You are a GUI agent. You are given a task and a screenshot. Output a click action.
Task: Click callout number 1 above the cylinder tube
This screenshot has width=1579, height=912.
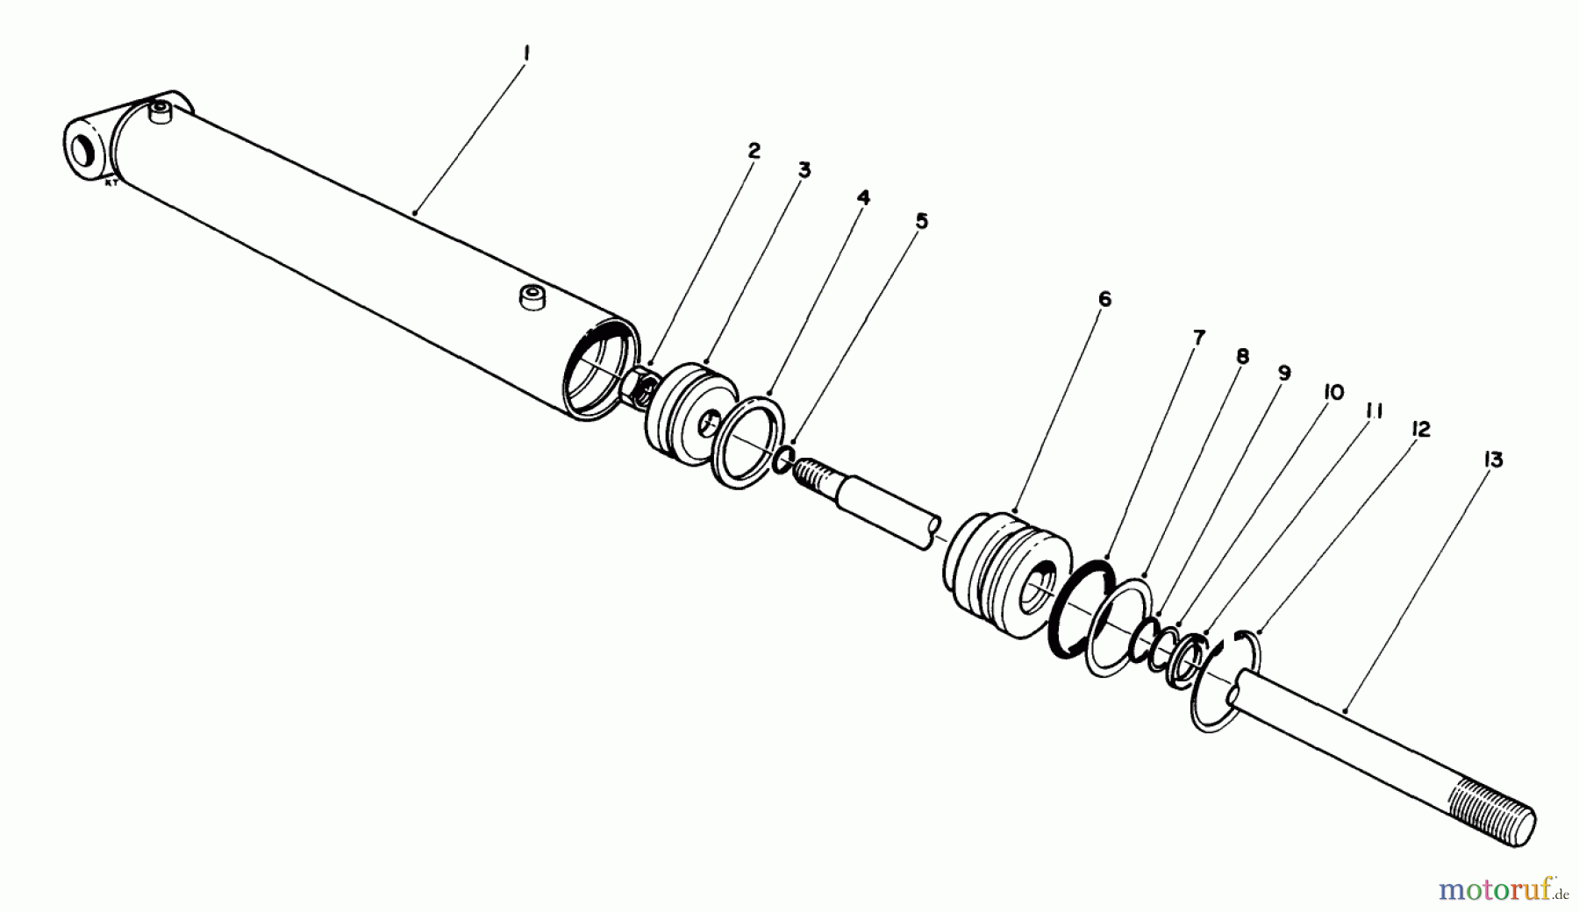click(x=525, y=53)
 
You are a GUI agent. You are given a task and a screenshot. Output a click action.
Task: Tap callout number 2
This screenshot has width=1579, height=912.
click(x=754, y=150)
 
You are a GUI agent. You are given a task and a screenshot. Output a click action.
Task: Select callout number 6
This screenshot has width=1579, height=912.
click(x=1104, y=299)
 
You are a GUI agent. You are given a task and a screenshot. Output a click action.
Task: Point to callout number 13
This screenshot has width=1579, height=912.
click(x=1493, y=460)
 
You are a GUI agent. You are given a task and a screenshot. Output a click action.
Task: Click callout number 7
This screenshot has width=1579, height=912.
click(x=1198, y=337)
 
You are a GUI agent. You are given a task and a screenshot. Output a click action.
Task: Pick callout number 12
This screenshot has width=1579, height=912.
click(x=1420, y=429)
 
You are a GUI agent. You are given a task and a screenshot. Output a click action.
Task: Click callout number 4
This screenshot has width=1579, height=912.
click(x=863, y=198)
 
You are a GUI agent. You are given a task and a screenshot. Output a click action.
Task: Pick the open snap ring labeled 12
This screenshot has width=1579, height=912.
click(x=1224, y=684)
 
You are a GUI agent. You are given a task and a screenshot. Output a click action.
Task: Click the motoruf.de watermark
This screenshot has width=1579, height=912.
click(x=1502, y=890)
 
